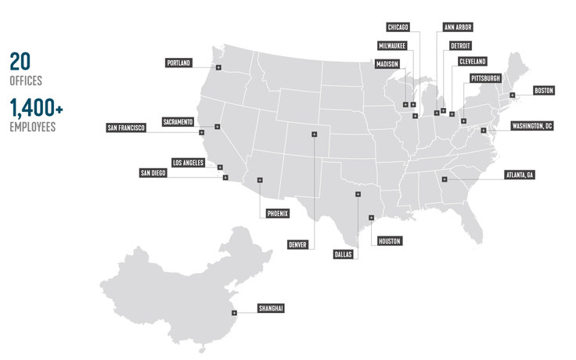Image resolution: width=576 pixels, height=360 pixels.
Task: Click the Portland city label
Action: [178, 63]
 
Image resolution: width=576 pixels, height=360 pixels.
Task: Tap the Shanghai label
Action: [271, 309]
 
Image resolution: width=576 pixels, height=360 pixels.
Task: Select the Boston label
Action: [543, 91]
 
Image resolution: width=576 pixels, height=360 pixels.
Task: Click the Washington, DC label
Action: [532, 126]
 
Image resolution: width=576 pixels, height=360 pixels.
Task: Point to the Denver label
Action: [297, 244]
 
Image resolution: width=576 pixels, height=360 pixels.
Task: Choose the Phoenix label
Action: [277, 213]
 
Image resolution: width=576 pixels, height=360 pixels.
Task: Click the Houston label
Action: [389, 241]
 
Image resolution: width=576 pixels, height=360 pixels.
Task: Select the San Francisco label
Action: [127, 128]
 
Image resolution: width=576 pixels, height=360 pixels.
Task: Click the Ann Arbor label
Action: [458, 27]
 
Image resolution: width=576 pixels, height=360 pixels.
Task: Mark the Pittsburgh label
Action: [485, 79]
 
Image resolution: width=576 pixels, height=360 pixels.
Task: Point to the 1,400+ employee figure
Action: [37, 109]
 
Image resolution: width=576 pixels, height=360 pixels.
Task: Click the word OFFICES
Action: [26, 81]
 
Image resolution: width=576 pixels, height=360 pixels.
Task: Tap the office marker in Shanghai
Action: [234, 313]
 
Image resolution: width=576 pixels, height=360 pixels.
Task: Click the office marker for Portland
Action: [218, 70]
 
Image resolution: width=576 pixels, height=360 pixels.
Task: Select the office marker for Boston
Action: [512, 95]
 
